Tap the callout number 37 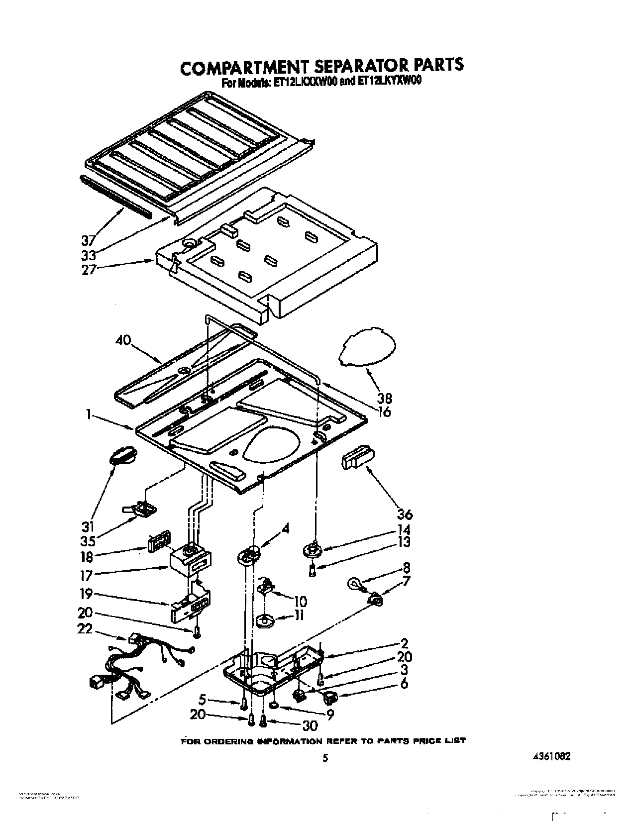point(88,241)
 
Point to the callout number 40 point(123,340)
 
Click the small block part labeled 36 point(358,456)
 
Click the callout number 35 point(88,540)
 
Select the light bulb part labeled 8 point(356,582)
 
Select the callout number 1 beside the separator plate point(88,413)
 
